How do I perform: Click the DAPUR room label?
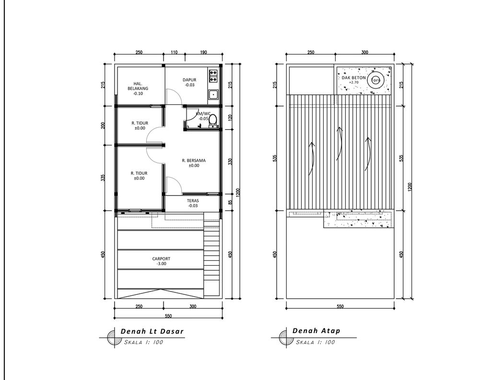coord(189,80)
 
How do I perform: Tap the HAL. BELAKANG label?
coord(138,86)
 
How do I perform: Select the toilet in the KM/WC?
coord(213,121)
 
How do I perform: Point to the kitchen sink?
coord(213,94)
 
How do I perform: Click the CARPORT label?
coord(161,259)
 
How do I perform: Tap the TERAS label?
coord(193,201)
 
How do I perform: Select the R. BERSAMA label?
coord(194,161)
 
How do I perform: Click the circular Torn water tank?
coord(375,80)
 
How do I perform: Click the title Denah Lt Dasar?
coord(152,331)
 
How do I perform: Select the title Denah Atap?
coord(316,331)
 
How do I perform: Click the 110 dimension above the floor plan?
coord(174,52)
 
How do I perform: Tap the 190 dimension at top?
coord(203,52)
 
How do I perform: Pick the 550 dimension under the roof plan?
coord(340,306)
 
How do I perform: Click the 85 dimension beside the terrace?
coord(230,202)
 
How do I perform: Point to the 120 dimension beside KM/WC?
coord(230,118)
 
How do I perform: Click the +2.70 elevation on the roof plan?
coord(353,82)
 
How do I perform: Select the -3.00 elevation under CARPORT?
coord(161,264)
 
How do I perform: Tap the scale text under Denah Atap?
coord(316,342)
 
